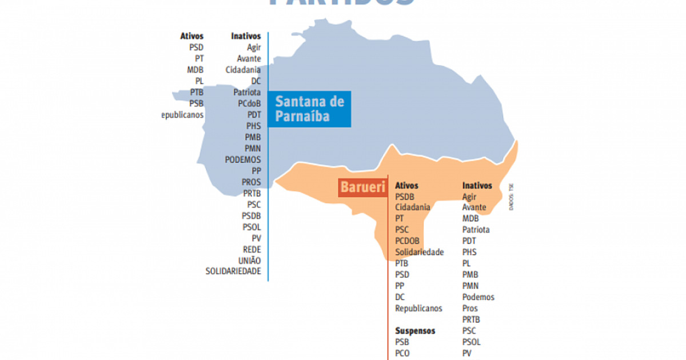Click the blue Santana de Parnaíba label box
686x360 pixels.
pyautogui.click(x=309, y=109)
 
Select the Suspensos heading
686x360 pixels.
pyautogui.click(x=415, y=331)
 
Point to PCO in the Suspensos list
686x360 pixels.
pyautogui.click(x=402, y=353)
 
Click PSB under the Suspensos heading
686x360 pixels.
pyautogui.click(x=402, y=342)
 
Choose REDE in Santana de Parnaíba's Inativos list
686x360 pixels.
pyautogui.click(x=252, y=249)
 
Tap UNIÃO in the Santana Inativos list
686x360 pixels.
pyautogui.click(x=249, y=260)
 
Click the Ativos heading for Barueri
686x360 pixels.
pyautogui.click(x=406, y=186)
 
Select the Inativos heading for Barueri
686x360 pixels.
pyautogui.click(x=477, y=186)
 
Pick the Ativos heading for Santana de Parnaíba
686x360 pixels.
pyautogui.click(x=192, y=36)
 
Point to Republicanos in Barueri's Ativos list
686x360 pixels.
pyautogui.click(x=418, y=309)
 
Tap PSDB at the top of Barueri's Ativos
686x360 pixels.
pyautogui.click(x=404, y=197)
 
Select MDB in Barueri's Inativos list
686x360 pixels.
pyautogui.click(x=470, y=218)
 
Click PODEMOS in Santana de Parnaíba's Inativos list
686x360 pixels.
pyautogui.click(x=243, y=159)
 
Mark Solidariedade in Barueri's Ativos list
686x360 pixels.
pyautogui.click(x=419, y=252)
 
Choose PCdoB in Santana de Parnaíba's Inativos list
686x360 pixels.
pyautogui.click(x=249, y=103)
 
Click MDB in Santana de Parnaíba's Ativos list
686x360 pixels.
pyautogui.click(x=195, y=70)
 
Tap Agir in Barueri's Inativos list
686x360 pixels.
pyautogui.click(x=469, y=197)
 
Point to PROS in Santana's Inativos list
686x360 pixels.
pyautogui.click(x=251, y=182)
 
